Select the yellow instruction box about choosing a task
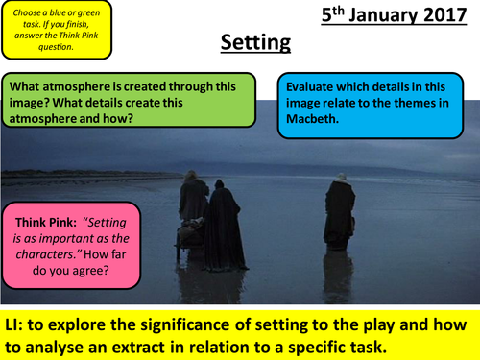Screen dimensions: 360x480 click(x=58, y=28)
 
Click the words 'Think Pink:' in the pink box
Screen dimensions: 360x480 click(x=44, y=218)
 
